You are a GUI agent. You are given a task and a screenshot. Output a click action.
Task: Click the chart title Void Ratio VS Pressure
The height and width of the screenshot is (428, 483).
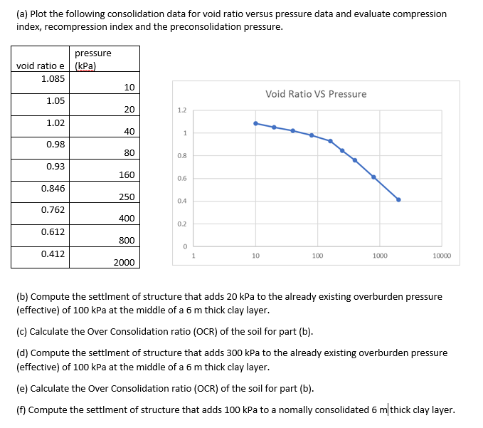[x=316, y=94]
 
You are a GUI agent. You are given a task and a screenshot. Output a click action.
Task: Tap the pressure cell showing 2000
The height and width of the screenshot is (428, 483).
[x=124, y=262]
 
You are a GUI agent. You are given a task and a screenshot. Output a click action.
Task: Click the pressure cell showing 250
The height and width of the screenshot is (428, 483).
[x=125, y=197]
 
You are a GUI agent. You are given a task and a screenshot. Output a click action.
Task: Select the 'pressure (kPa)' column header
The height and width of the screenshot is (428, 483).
[x=92, y=59]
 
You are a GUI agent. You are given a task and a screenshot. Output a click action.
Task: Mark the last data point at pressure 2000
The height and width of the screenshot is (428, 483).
[x=398, y=199]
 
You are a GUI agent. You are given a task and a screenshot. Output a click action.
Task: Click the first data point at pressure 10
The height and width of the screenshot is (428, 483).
[x=255, y=123]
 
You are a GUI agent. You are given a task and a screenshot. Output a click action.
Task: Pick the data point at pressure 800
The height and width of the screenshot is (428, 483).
[x=373, y=177]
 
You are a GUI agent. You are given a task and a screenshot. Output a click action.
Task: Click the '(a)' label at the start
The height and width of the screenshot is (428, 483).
[x=21, y=14]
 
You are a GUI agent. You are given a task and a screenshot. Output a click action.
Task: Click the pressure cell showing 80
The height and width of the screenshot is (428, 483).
[x=129, y=153]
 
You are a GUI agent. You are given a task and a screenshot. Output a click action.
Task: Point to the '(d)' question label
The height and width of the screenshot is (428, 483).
[x=21, y=353]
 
